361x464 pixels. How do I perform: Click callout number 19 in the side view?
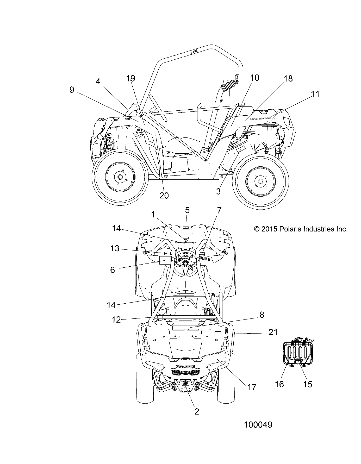point(131,78)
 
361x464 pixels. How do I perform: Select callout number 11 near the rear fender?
point(315,94)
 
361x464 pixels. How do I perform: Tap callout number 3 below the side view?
point(218,191)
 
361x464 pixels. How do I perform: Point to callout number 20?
point(164,195)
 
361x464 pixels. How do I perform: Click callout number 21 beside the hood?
point(273,332)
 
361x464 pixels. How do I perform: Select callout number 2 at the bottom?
point(197,411)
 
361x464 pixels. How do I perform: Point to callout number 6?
point(112,269)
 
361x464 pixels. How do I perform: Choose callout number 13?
point(115,249)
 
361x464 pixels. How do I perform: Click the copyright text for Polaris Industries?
point(301,229)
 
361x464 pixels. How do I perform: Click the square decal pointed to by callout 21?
point(217,334)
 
